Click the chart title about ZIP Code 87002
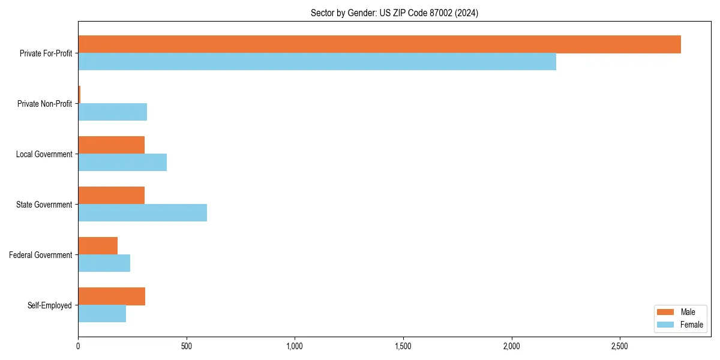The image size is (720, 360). [394, 13]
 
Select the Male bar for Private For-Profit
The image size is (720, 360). [379, 44]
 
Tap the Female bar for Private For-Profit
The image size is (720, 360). [317, 62]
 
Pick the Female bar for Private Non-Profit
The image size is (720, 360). [113, 112]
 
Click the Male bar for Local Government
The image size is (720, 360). [112, 145]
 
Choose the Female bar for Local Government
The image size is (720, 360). [122, 163]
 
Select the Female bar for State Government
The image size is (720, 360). [143, 213]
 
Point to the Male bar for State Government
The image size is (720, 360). [112, 196]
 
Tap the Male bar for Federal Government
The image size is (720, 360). [98, 246]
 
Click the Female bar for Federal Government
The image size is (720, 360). [104, 263]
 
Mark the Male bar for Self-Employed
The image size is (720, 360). [112, 296]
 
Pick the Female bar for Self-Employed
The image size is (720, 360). [102, 314]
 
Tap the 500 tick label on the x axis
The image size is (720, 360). [187, 347]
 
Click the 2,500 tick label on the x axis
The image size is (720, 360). [620, 347]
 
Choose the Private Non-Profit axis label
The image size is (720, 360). [44, 104]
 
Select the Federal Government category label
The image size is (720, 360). [41, 255]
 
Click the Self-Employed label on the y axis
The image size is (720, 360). [50, 305]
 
